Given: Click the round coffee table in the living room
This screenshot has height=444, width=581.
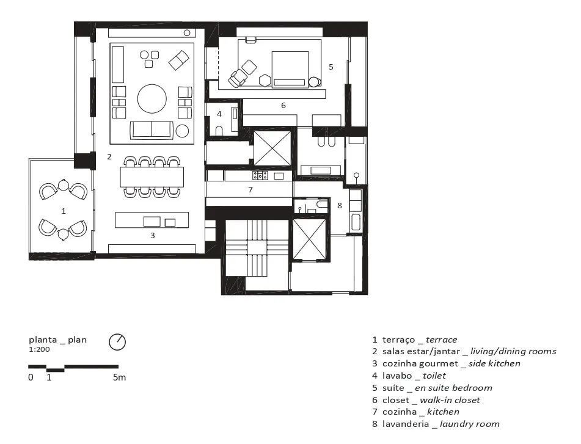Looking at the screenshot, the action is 152,99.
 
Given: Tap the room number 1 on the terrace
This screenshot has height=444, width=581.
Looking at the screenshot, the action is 64,211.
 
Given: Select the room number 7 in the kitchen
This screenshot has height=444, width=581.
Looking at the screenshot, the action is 250,189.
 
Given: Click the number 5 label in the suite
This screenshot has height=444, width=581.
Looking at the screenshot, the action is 331,67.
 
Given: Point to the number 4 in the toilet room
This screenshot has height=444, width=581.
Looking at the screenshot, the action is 219,114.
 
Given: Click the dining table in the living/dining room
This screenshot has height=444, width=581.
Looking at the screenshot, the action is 152,177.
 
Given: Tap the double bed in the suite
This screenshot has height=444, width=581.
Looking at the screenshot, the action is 290,69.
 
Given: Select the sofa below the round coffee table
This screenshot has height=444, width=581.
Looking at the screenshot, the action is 152,129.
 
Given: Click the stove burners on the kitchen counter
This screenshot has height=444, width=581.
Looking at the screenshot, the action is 260,175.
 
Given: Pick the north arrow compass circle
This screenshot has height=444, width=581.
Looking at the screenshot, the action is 117,342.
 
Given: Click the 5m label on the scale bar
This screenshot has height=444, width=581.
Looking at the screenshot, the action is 119,377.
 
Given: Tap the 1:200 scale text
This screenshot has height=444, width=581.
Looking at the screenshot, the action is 39,349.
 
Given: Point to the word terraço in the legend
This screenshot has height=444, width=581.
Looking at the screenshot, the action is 399,340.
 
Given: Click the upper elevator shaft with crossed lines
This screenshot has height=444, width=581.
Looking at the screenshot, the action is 272,148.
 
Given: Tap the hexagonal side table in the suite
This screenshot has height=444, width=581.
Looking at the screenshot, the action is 265,81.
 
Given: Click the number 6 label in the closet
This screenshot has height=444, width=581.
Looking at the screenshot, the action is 283,106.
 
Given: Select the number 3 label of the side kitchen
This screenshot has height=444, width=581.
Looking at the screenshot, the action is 152,236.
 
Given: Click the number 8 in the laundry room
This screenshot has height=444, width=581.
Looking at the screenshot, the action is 340,206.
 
